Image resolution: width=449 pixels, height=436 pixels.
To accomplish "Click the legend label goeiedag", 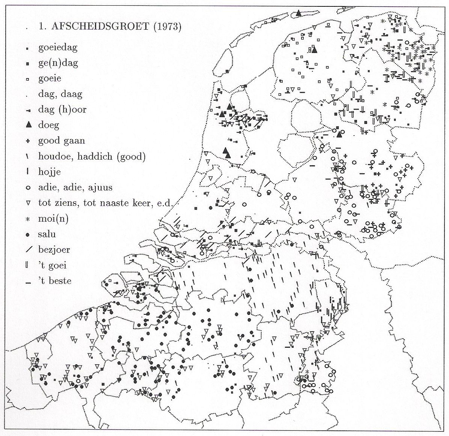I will point(58,48).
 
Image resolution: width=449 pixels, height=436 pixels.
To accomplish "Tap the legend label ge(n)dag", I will point(58,63).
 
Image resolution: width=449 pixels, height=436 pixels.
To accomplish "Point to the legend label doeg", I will point(49,125).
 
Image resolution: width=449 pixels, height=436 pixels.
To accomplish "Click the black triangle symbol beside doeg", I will point(28,125).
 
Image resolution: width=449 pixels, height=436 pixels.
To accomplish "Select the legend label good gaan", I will point(62,141).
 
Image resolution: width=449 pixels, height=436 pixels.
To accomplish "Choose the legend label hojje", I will point(49,172).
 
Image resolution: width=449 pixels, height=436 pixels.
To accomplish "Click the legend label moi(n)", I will point(53,219).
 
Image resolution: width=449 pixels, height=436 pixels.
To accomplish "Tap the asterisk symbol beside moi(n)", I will point(28,219).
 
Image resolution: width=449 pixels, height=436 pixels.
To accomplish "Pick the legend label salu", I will point(47,234).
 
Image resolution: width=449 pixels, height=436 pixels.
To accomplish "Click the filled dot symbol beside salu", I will point(28,235).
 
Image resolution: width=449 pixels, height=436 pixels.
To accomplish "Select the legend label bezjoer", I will point(54,250).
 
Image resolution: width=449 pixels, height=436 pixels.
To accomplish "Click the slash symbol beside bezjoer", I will point(28,250).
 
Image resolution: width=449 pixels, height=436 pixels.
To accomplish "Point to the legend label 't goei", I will point(52,265).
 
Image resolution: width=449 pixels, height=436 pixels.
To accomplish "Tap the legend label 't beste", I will point(55,281).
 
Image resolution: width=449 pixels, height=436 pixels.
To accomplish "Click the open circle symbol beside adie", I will point(28,188).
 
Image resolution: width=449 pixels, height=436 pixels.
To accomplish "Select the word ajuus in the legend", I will point(101,188).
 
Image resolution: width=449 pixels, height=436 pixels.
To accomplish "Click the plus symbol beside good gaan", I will point(28,141).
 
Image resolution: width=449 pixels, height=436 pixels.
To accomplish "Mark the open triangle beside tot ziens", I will point(28,203).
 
